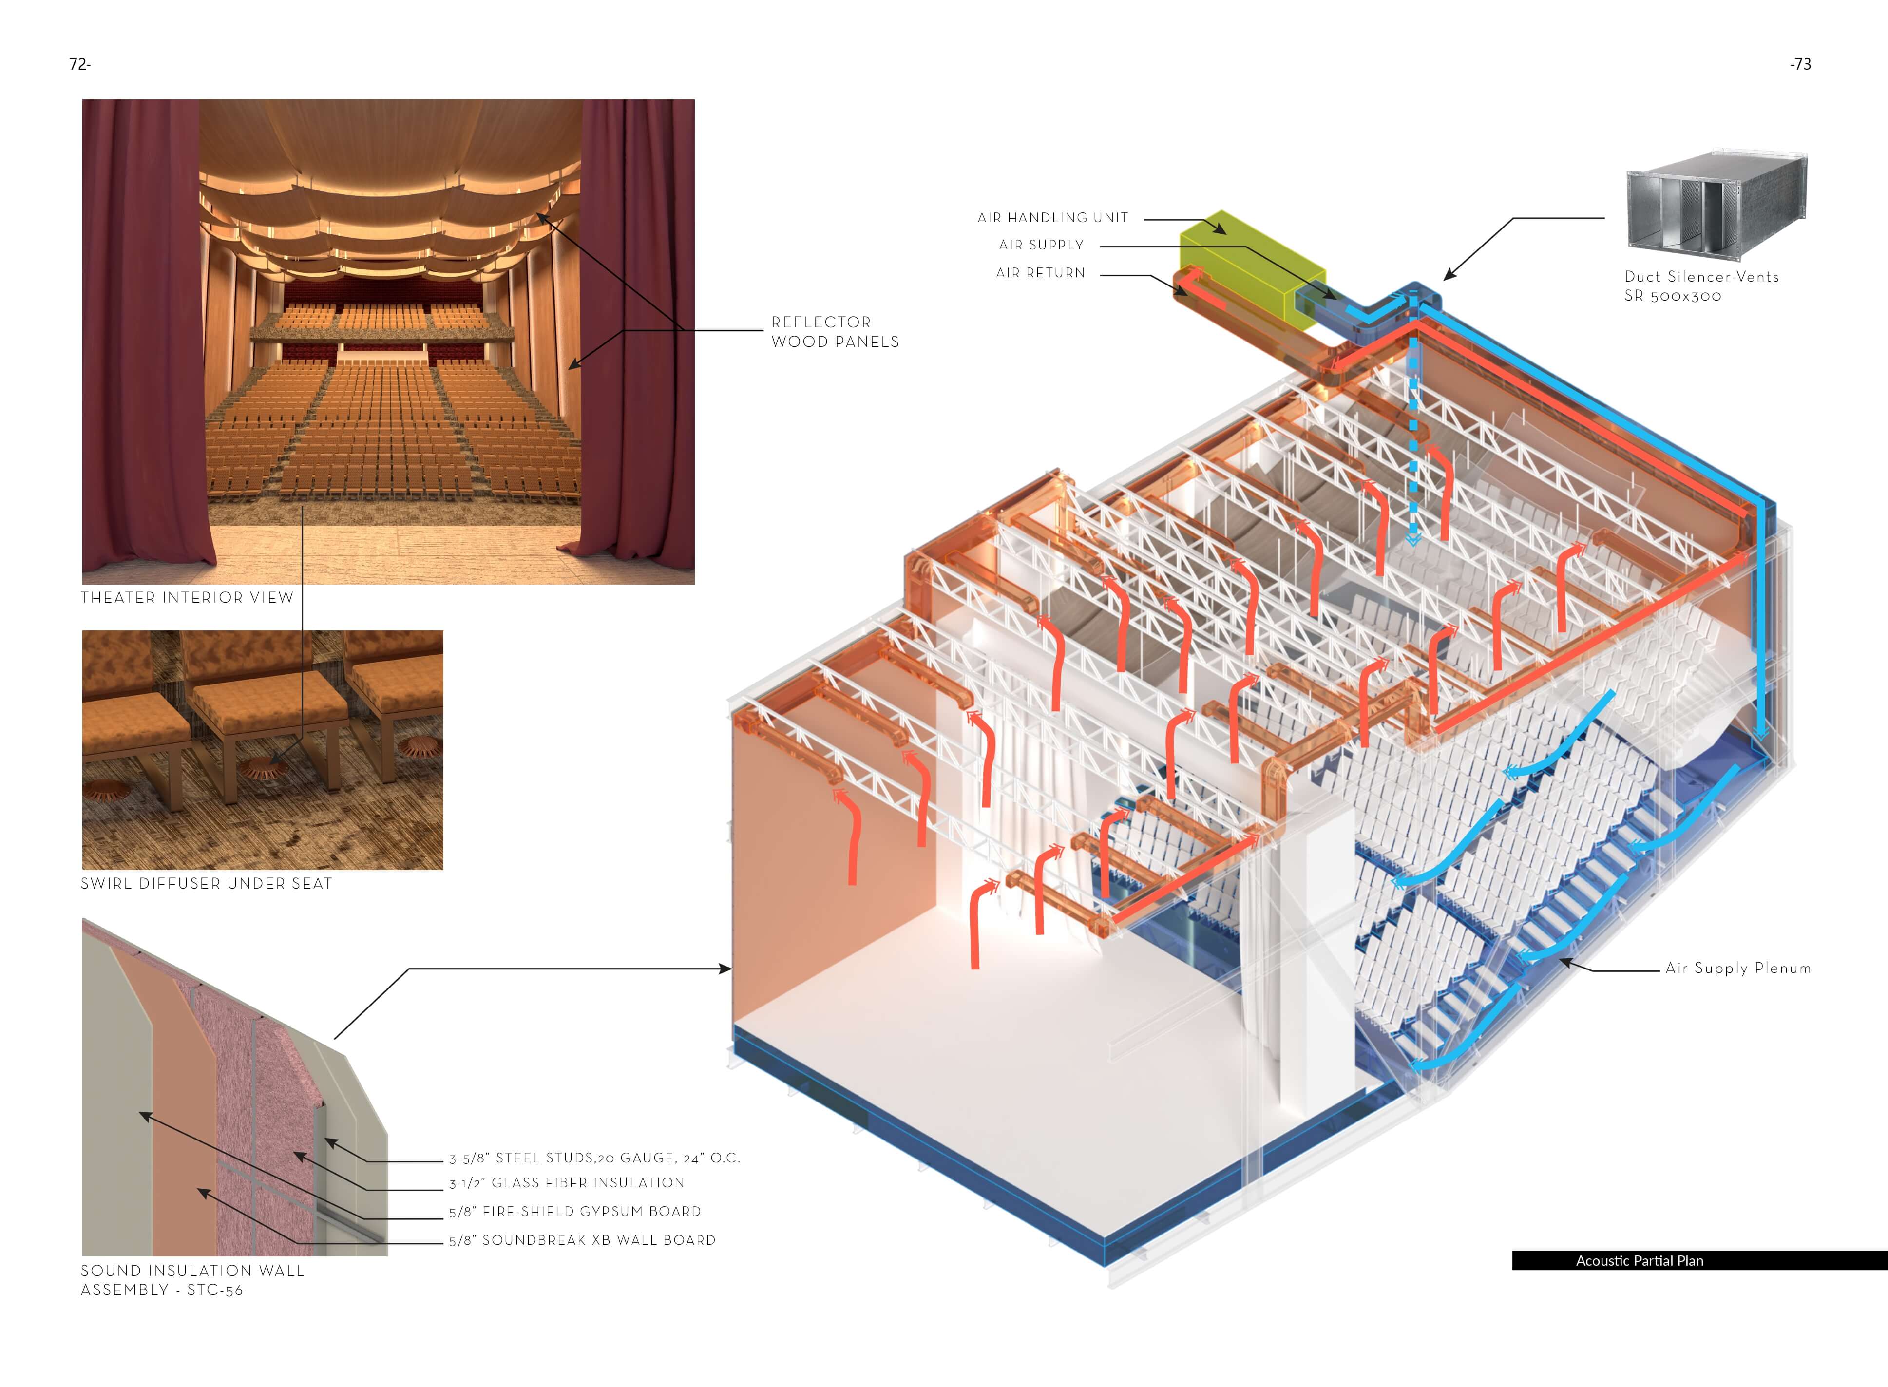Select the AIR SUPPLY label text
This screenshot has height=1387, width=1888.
point(1041,245)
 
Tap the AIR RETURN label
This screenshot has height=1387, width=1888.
point(1040,273)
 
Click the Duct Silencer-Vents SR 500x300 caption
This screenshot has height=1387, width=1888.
point(1701,285)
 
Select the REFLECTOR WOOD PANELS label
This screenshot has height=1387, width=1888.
point(835,332)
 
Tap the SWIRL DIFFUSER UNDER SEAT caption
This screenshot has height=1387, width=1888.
point(206,883)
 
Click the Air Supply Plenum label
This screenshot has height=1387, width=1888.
point(1738,968)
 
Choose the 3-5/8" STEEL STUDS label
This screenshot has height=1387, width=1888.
point(593,1159)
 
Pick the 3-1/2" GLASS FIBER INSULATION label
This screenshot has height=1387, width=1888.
point(567,1183)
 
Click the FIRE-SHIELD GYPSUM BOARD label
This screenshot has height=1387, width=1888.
point(575,1212)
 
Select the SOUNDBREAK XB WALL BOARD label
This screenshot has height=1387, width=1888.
point(582,1240)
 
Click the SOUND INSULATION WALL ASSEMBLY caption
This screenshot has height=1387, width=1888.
point(192,1280)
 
